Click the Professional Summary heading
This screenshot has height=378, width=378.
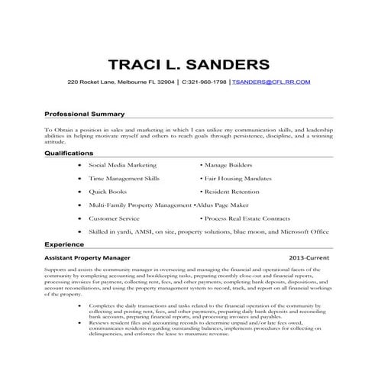pos(84,113)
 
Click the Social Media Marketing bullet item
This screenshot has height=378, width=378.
pos(122,164)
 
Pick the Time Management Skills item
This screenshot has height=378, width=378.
pos(124,178)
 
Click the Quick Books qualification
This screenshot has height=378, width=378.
pos(109,192)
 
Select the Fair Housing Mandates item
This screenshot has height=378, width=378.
pos(236,178)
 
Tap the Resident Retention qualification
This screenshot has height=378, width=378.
pos(233,192)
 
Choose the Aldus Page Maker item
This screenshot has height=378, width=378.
pos(225,205)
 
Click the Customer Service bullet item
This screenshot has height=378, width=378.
pos(113,218)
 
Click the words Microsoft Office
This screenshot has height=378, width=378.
pos(303,231)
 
